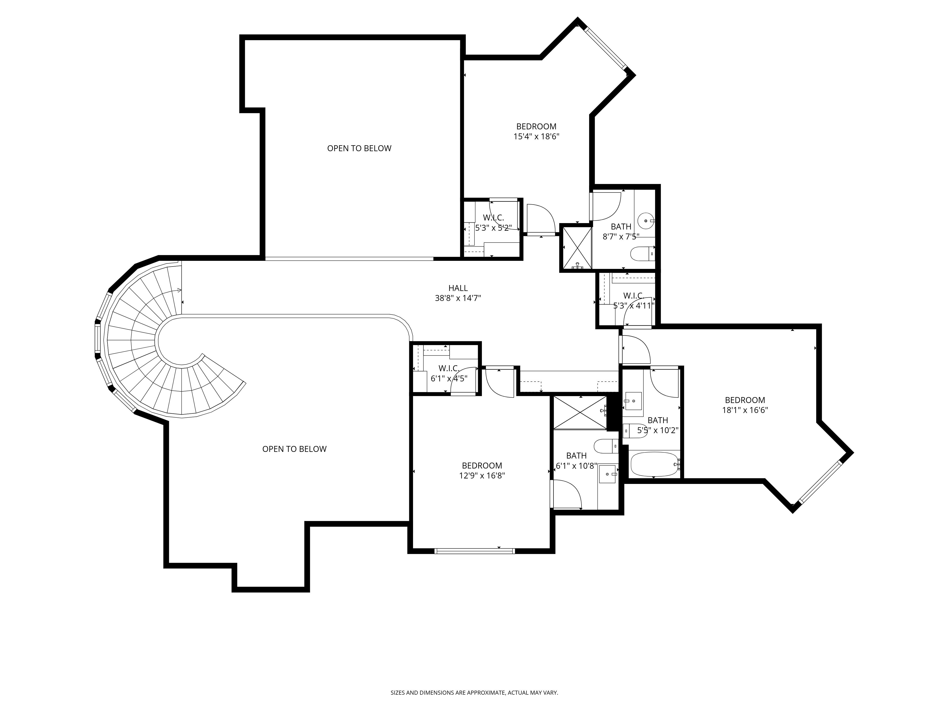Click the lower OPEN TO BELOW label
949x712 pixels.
pyautogui.click(x=294, y=449)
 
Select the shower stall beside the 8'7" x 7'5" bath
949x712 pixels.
pyautogui.click(x=576, y=248)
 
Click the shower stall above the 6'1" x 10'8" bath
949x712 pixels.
pyautogui.click(x=580, y=412)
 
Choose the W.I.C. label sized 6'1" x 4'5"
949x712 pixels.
pyautogui.click(x=449, y=369)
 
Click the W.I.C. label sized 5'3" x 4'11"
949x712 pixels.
pyautogui.click(x=633, y=296)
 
